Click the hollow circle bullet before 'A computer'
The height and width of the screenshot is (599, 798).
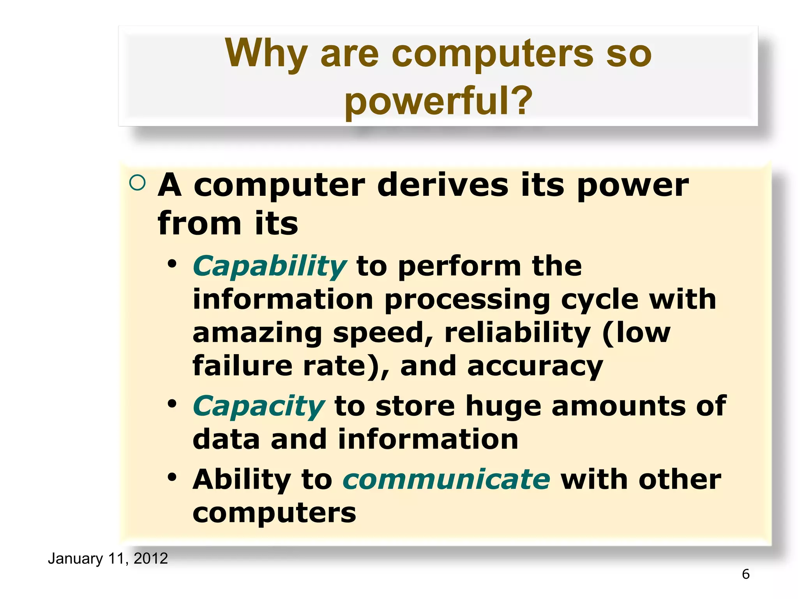click(x=137, y=183)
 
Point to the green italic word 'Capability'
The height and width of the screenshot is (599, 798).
click(x=269, y=266)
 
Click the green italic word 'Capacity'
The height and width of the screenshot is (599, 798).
click(x=258, y=406)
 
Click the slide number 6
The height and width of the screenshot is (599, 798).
click(x=745, y=574)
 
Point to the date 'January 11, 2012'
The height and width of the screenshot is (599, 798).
click(x=108, y=558)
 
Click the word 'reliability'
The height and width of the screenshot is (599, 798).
click(x=517, y=333)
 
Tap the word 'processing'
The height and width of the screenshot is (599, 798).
click(x=467, y=300)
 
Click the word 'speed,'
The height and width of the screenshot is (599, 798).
click(x=383, y=333)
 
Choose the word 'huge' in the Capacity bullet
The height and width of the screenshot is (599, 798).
click(x=503, y=406)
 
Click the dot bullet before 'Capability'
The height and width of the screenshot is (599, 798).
click(x=172, y=264)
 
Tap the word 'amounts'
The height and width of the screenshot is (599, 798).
click(x=618, y=406)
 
